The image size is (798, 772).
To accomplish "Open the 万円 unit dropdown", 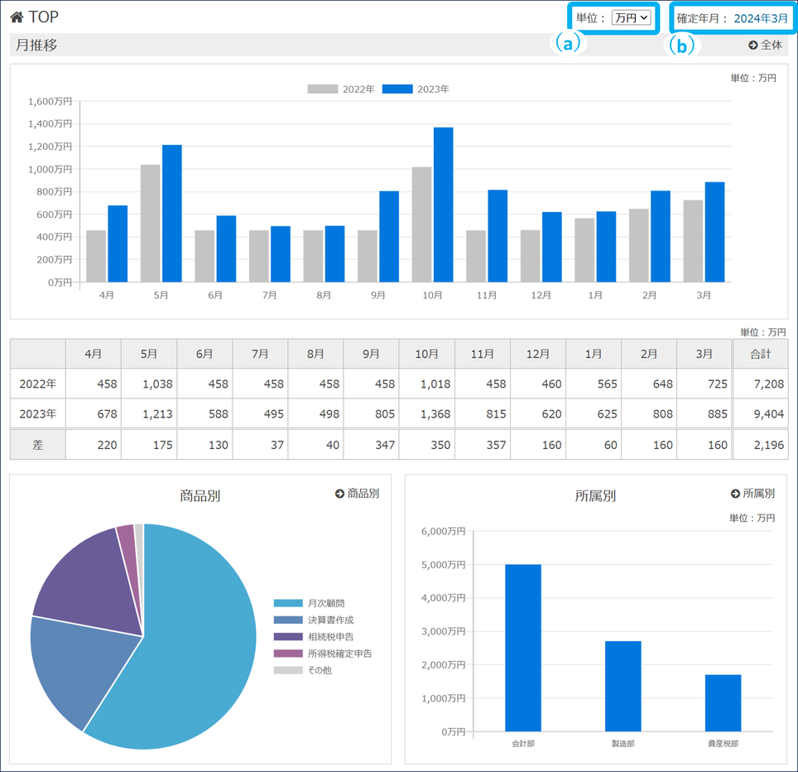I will click(x=632, y=17).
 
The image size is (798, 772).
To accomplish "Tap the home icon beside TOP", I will click(x=17, y=17).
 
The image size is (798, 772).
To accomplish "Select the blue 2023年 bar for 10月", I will click(x=444, y=205).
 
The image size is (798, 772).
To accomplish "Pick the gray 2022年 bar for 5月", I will click(x=151, y=224).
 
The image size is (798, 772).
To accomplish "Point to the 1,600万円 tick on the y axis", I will click(x=50, y=102).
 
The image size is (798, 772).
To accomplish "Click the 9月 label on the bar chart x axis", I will click(x=378, y=296).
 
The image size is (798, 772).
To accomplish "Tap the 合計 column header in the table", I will click(x=760, y=354).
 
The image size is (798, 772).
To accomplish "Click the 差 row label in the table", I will click(x=37, y=445).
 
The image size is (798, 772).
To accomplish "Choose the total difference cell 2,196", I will click(x=760, y=445).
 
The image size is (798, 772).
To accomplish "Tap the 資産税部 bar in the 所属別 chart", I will click(x=723, y=703).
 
